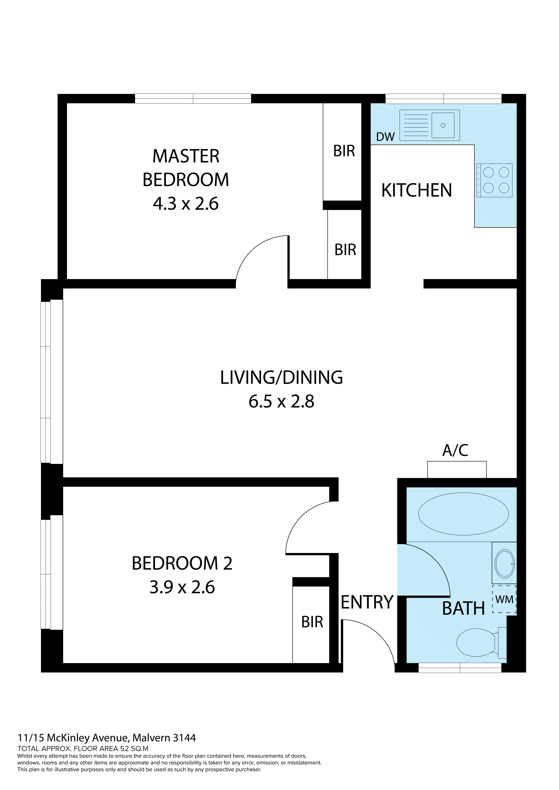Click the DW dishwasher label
coord(385,137)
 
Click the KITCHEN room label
coord(416,190)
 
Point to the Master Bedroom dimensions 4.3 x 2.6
coord(185,204)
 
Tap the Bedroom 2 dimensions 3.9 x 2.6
coord(182,587)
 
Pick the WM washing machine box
coord(504,599)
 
